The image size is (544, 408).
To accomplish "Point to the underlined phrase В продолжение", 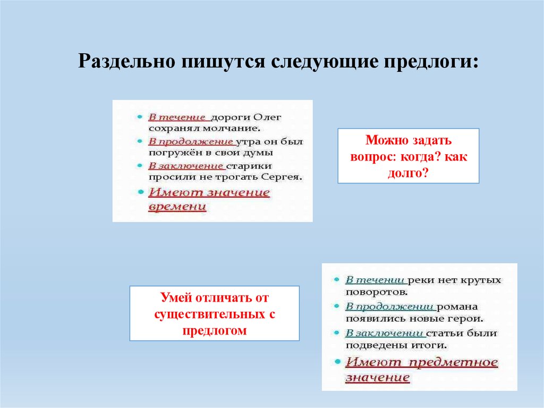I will click(190, 142).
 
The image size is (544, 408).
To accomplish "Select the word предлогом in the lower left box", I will click(214, 330).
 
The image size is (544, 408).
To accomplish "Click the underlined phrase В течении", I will click(376, 280).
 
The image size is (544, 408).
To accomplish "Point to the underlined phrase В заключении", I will click(384, 334).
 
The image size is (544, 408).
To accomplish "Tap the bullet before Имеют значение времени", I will click(140, 192).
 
